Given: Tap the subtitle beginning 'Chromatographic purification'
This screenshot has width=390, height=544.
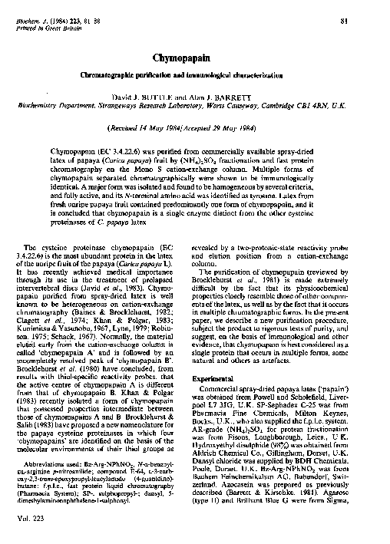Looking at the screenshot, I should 195,75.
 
